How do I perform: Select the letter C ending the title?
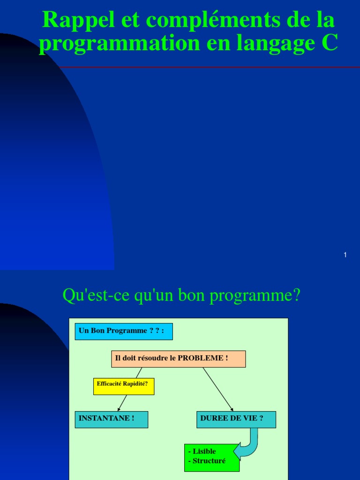(x=330, y=43)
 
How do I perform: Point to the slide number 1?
(x=345, y=255)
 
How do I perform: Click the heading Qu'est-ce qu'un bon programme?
(x=181, y=295)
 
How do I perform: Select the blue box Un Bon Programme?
(x=124, y=331)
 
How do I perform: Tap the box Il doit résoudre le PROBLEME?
(x=178, y=359)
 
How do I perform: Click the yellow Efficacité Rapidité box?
(x=123, y=386)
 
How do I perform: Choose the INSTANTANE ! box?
(x=112, y=419)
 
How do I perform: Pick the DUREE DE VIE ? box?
(x=236, y=419)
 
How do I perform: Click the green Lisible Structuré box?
(x=212, y=457)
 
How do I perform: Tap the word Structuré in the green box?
(x=209, y=461)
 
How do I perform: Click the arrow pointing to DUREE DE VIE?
(x=218, y=389)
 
